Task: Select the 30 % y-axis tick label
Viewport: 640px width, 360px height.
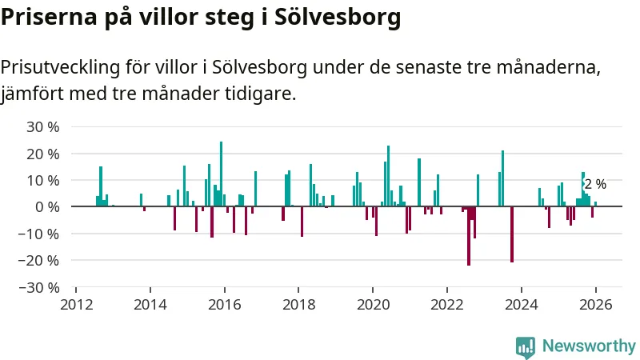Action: [43, 126]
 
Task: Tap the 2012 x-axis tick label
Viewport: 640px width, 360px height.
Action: [76, 304]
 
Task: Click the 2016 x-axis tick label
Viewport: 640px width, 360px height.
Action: [224, 304]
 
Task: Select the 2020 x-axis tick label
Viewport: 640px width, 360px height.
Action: [373, 304]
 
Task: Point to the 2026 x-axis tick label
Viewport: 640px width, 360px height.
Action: [595, 304]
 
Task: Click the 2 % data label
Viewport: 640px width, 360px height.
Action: [594, 185]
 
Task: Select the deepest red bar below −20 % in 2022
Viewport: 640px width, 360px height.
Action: [469, 235]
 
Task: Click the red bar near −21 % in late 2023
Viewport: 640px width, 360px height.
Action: [512, 234]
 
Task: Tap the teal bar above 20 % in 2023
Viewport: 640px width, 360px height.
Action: [502, 178]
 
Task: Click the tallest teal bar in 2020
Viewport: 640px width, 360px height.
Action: [388, 176]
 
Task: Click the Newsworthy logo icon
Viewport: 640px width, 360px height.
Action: [526, 346]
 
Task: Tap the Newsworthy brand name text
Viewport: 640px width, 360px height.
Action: [589, 346]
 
